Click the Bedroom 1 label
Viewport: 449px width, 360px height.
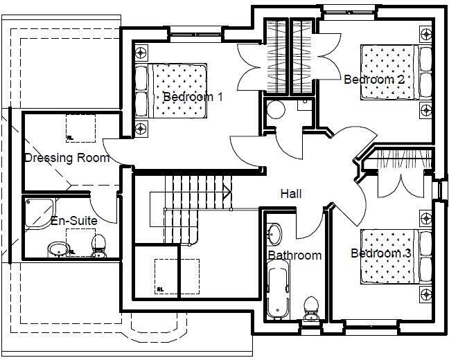click(x=193, y=97)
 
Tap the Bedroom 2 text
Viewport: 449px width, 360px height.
click(x=374, y=80)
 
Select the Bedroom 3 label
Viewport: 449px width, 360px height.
click(x=380, y=253)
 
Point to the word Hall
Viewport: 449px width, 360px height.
click(x=291, y=194)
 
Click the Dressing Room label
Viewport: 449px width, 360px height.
click(x=67, y=158)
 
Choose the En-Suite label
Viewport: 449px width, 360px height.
click(x=73, y=221)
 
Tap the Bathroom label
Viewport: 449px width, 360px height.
click(x=294, y=255)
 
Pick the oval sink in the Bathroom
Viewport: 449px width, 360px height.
click(x=275, y=233)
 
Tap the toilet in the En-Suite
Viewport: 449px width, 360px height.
click(x=98, y=244)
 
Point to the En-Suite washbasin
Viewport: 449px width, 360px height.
click(x=57, y=249)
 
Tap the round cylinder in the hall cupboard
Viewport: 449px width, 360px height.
click(x=276, y=111)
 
